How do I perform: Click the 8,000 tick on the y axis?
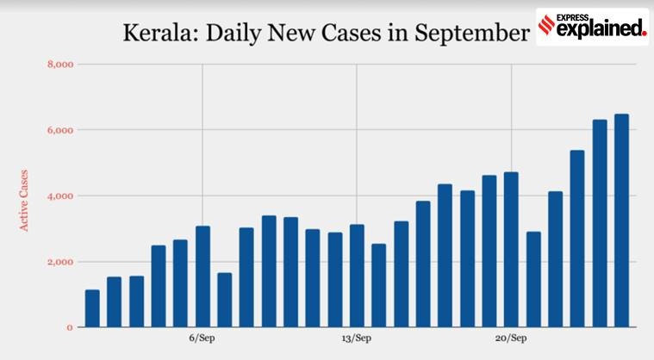coord(59,64)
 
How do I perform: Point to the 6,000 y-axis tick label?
coord(59,130)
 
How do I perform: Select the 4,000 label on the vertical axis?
coord(59,196)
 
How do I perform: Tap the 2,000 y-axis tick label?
coord(59,262)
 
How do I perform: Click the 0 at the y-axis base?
coord(69,327)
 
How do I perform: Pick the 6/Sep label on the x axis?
coord(202,338)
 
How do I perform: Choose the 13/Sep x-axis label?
coord(357,338)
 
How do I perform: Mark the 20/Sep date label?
coord(512,338)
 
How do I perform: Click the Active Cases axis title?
coord(24,199)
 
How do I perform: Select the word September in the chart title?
coord(470,34)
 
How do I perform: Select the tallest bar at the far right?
coord(621,220)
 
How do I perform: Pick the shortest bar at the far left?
coord(92,308)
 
